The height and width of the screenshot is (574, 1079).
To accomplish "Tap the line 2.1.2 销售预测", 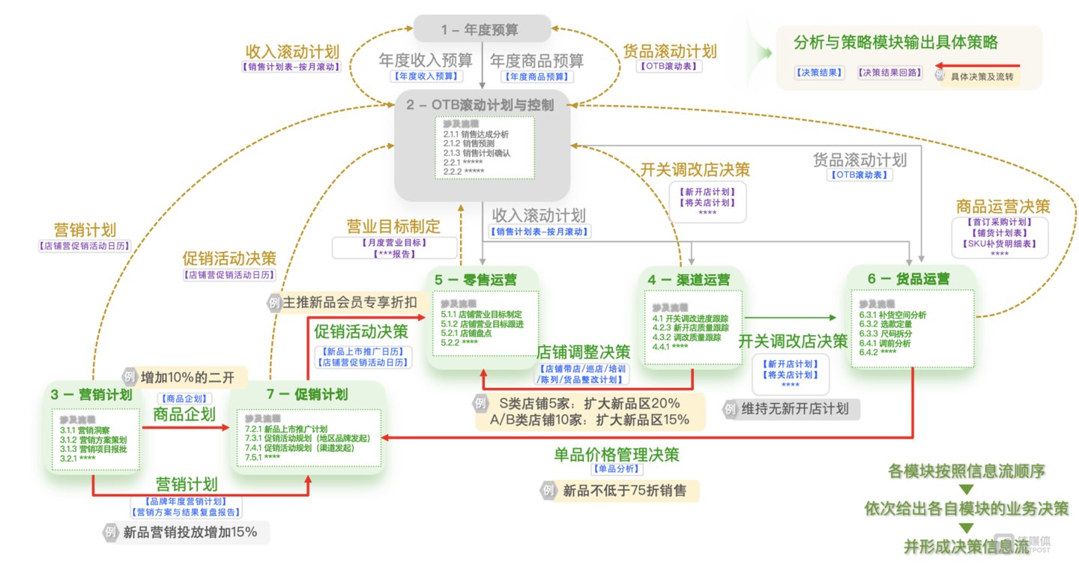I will [x=468, y=143].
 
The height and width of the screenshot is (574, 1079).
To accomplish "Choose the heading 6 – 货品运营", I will [x=909, y=279].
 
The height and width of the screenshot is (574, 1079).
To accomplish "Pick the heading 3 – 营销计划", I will [x=91, y=394].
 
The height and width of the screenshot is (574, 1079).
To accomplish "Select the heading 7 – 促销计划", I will [x=307, y=394].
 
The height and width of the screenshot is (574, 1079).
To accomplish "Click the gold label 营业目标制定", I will [x=393, y=226].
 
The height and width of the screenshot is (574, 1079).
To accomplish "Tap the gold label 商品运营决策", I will [x=1003, y=206].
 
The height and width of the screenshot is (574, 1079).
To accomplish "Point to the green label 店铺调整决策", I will [x=583, y=351].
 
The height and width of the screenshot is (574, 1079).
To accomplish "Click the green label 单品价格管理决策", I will [x=617, y=454].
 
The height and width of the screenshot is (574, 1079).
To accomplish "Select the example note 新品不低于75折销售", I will [x=629, y=491].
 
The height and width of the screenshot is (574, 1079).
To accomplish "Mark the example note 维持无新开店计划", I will [x=795, y=409].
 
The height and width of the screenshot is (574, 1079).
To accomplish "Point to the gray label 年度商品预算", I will [x=537, y=60].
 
